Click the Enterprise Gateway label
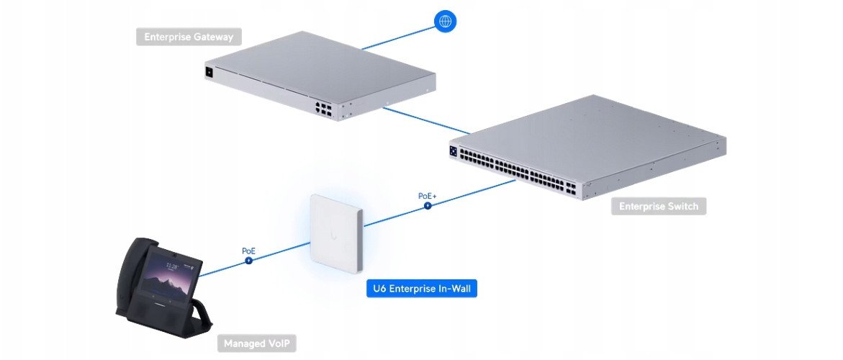(x=188, y=37)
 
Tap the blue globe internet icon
(x=445, y=22)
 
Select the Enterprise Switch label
(x=659, y=207)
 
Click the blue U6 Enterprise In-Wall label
(x=421, y=289)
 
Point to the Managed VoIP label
(x=256, y=343)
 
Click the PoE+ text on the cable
(x=428, y=195)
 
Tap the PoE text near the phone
(x=248, y=251)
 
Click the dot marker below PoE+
(x=428, y=205)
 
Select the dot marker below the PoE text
(x=248, y=260)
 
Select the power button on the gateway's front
(x=209, y=72)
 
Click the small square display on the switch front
(x=453, y=152)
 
